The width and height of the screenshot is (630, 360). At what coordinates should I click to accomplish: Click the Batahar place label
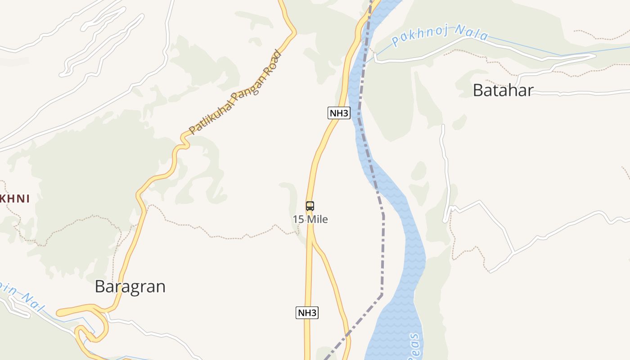(503, 90)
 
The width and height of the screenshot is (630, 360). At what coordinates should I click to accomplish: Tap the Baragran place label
(130, 287)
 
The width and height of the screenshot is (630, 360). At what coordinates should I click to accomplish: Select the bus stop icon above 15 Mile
(310, 206)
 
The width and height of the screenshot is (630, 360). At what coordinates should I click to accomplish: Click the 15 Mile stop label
(310, 220)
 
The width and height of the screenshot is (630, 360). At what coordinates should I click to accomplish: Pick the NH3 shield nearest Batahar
(339, 113)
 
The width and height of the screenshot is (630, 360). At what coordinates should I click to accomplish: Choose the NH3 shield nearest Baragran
(307, 313)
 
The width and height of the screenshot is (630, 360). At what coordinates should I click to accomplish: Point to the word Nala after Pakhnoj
(471, 32)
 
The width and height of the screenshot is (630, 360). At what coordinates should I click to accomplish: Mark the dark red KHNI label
(15, 198)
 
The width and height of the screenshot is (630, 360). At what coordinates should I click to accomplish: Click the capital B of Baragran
(100, 287)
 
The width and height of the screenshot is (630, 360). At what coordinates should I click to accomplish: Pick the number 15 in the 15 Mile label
(298, 220)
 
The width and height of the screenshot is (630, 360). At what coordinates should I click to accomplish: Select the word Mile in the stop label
(317, 220)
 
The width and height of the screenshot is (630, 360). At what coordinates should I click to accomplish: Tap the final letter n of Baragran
(160, 287)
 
